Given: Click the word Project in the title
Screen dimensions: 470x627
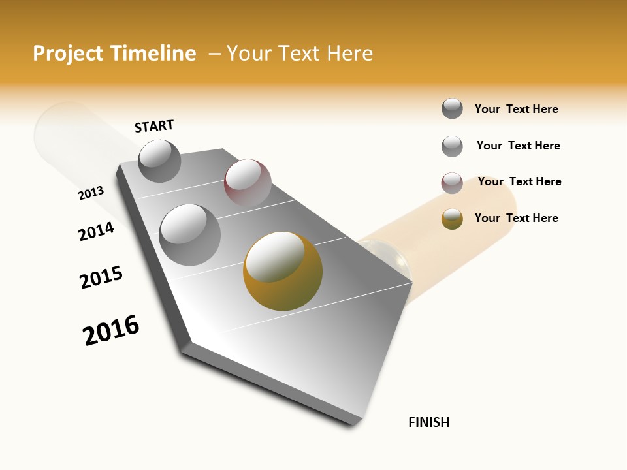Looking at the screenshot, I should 66,54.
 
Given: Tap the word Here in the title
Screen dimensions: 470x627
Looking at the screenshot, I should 349,54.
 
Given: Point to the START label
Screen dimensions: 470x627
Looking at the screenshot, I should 154,126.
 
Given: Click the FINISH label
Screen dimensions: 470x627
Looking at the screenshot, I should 429,422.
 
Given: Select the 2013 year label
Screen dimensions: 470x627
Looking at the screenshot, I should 91,193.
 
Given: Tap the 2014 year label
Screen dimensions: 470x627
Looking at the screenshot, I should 97,231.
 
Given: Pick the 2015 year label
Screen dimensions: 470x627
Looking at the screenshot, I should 101,277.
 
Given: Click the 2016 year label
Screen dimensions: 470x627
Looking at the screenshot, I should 111,330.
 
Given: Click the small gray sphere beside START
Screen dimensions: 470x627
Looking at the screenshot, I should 159,161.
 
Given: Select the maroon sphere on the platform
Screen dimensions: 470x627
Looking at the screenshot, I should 248,182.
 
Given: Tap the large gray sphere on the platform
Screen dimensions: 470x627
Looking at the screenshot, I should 189,234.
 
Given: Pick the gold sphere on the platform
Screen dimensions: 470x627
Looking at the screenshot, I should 283,271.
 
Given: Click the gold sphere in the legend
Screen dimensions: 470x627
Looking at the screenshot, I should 452,219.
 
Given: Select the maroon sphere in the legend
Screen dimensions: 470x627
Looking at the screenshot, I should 452,183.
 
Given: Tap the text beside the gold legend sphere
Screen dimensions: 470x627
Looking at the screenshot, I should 516,218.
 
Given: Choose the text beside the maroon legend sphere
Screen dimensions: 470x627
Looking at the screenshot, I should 519,181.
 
